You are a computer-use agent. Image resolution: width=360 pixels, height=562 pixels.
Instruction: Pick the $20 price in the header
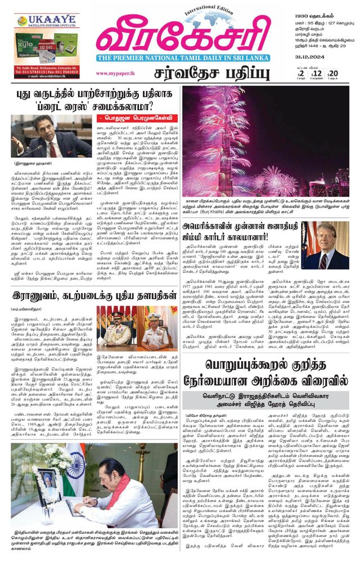tap(332, 74)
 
